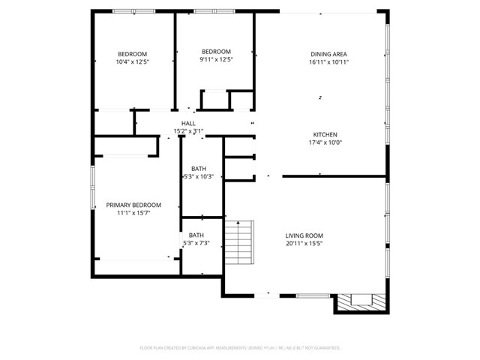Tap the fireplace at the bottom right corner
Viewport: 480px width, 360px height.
360,301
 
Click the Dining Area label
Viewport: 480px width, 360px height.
329,54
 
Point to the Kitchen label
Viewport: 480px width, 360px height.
324,134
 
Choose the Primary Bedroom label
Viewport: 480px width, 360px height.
133,205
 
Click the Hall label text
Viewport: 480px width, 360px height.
188,123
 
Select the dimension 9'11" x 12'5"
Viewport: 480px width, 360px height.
216,60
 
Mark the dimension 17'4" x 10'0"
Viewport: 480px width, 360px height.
324,142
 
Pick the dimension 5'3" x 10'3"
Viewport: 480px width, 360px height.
199,177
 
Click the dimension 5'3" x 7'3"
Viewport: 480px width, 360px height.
196,243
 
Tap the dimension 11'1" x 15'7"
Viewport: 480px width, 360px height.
133,213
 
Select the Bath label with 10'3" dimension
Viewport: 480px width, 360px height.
198,169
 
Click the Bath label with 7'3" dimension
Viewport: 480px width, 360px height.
196,235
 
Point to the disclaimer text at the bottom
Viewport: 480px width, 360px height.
240,348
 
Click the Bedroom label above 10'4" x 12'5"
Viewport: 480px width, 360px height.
132,53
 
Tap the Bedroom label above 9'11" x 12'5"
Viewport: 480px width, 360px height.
216,52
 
